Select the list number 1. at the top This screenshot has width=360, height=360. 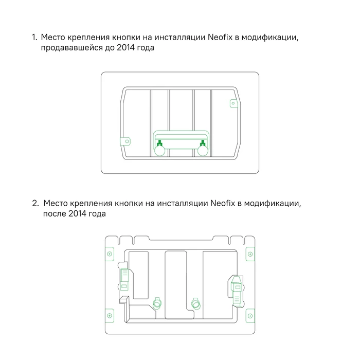(x=34, y=38)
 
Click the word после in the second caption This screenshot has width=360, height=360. (x=54, y=213)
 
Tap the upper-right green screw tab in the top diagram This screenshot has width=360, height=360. (x=232, y=103)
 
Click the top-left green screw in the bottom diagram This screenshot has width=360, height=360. (x=109, y=254)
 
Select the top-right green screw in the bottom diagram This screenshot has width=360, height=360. (x=250, y=254)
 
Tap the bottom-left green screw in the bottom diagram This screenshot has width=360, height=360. (x=109, y=315)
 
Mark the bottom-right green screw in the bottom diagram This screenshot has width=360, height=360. (x=250, y=315)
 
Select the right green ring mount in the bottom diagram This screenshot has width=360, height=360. (x=195, y=303)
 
